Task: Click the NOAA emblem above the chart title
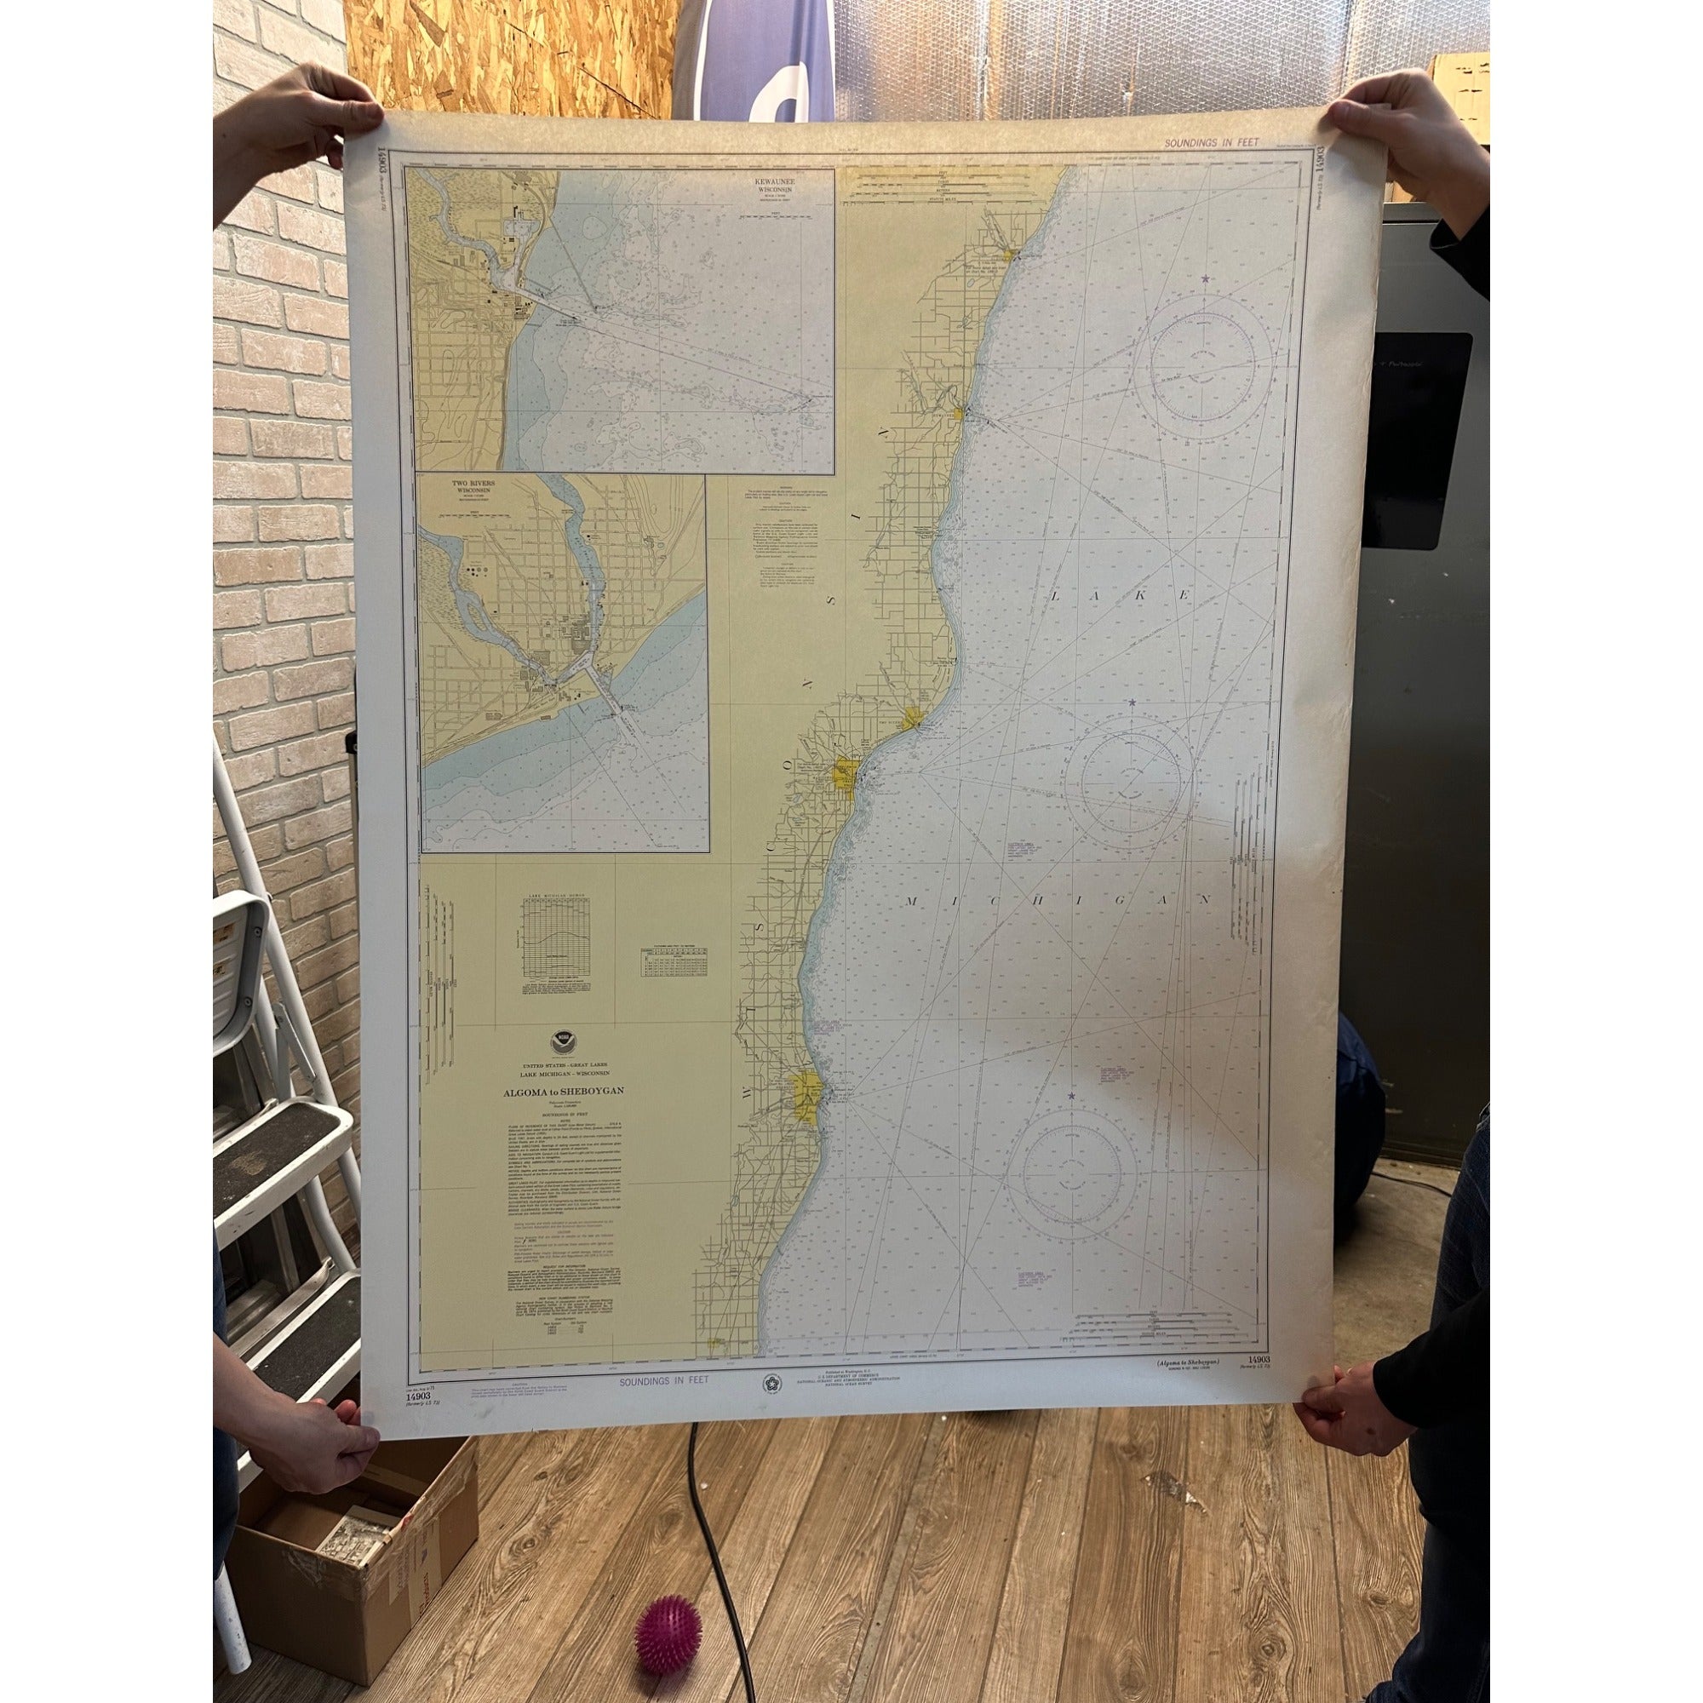coord(562,1043)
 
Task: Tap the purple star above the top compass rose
coord(1205,279)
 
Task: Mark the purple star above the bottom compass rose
coord(1072,1096)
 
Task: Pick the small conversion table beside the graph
coord(675,959)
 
